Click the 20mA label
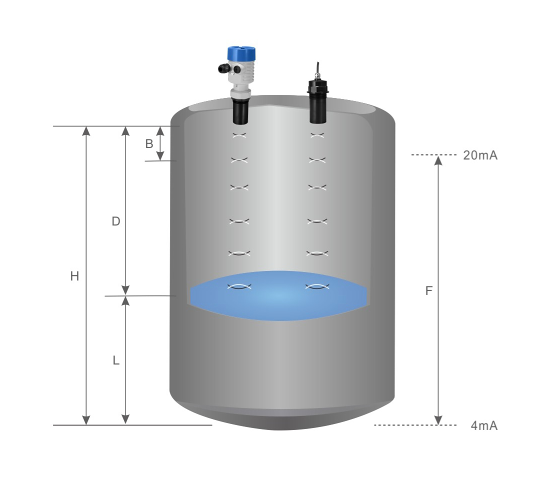click(x=480, y=155)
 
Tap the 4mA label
click(x=484, y=426)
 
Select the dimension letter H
click(x=74, y=276)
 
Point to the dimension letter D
click(x=116, y=221)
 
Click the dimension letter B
click(x=149, y=144)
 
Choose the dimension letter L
click(x=116, y=360)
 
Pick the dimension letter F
click(x=429, y=291)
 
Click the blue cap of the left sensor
click(x=241, y=53)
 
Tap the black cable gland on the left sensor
click(x=224, y=68)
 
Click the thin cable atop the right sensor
click(x=318, y=70)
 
